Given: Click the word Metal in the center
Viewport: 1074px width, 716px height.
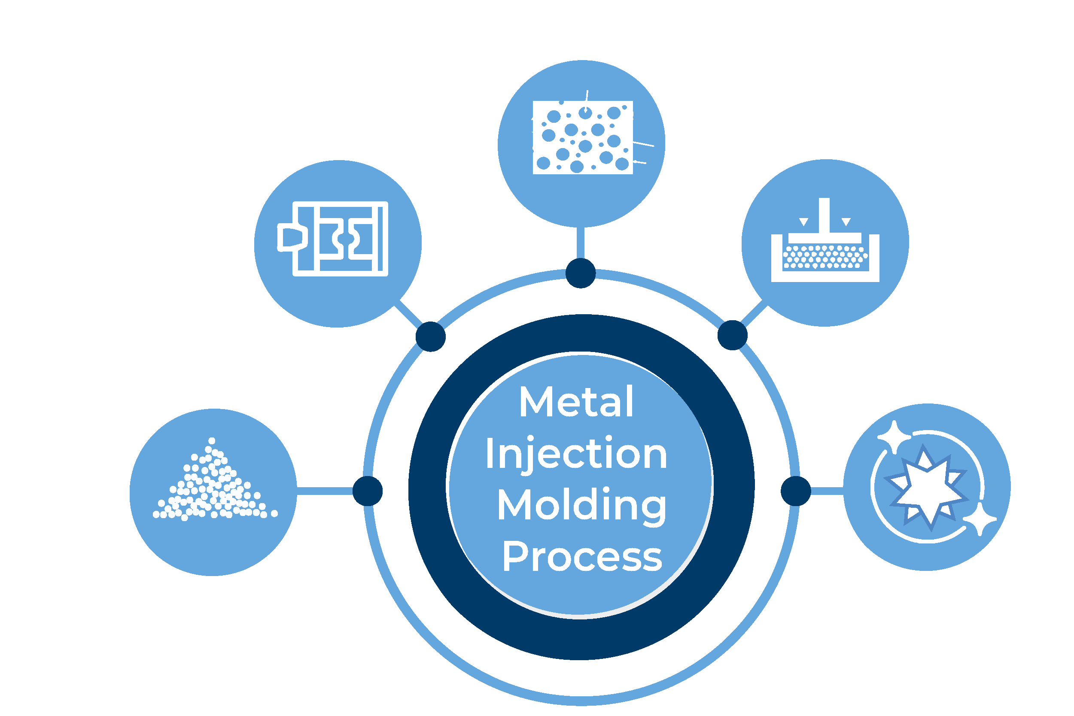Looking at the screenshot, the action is [x=576, y=401].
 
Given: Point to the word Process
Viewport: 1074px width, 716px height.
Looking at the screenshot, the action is [x=582, y=556].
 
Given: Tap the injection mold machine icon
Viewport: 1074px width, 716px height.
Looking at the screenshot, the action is [x=332, y=239].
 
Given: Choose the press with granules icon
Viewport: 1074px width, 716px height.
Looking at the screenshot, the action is [x=825, y=240].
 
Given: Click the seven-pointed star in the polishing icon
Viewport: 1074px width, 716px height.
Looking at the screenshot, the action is [x=926, y=488].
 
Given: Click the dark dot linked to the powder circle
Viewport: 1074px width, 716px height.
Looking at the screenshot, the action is [x=368, y=491].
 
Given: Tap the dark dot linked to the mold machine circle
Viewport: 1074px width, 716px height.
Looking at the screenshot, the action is [x=431, y=337].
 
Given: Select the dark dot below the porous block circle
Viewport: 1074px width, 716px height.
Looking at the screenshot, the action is [x=581, y=273].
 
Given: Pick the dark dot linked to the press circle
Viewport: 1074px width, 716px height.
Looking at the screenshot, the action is [x=733, y=336].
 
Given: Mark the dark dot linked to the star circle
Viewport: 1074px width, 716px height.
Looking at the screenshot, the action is [x=796, y=491].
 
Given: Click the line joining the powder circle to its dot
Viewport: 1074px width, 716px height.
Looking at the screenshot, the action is [x=325, y=491].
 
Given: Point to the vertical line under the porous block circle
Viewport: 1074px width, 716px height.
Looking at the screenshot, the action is [x=581, y=243].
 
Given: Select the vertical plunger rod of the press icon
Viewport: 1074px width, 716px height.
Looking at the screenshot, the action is [x=824, y=215].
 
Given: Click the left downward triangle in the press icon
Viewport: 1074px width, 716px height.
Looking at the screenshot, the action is [x=803, y=222].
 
